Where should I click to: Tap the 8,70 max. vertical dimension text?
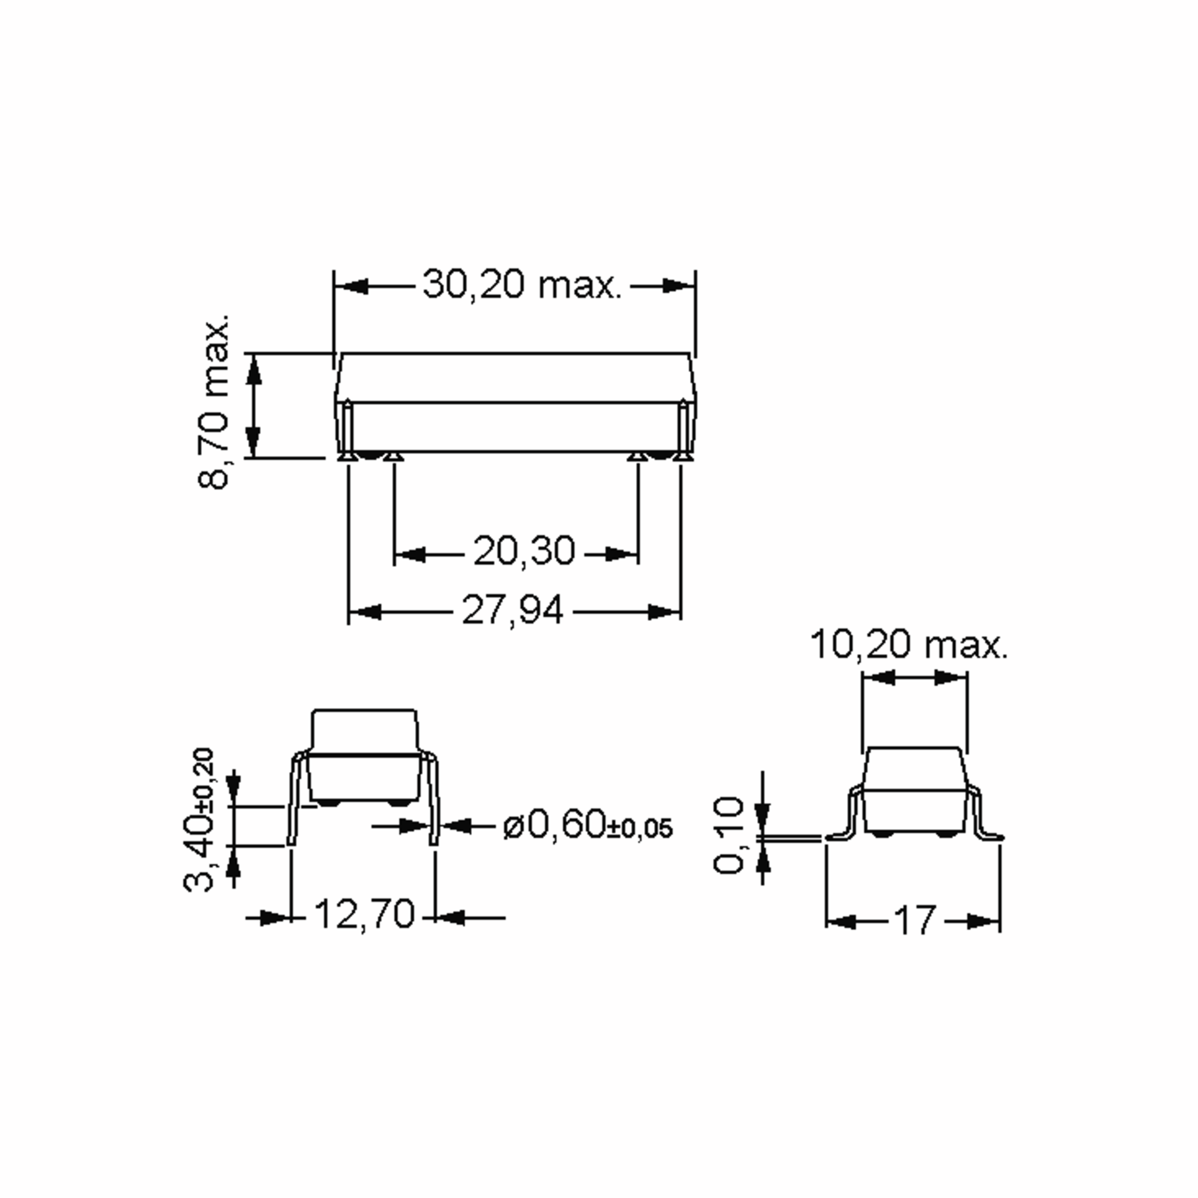click(215, 403)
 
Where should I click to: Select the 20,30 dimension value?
click(524, 551)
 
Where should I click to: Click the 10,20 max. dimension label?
click(909, 645)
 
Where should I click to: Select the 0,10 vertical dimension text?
click(729, 835)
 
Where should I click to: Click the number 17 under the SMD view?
click(913, 921)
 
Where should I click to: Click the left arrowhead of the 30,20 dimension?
click(351, 287)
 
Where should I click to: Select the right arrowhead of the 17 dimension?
click(983, 921)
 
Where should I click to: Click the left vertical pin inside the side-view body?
click(348, 428)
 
